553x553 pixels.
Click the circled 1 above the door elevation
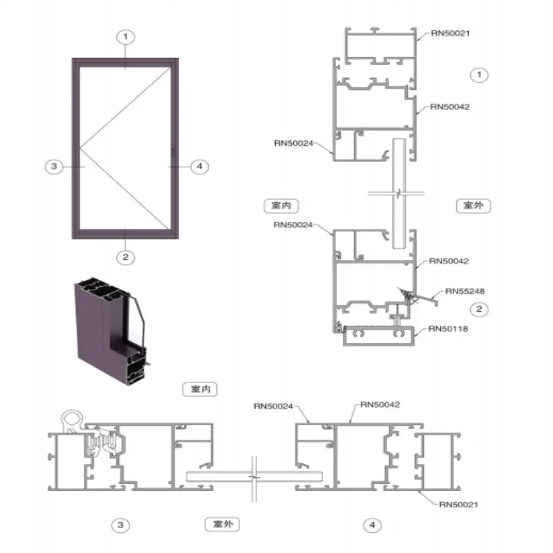(x=126, y=37)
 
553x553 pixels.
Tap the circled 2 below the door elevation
(x=126, y=257)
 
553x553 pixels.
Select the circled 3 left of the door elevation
(x=54, y=167)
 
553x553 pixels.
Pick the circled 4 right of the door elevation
(x=200, y=167)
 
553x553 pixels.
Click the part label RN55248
(x=465, y=291)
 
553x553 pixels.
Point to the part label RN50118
(x=448, y=329)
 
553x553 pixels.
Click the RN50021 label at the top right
(x=451, y=33)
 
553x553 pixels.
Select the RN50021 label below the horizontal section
(x=458, y=505)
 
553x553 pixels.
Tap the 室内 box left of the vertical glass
(x=281, y=206)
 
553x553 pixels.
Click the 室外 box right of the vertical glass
(x=474, y=206)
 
